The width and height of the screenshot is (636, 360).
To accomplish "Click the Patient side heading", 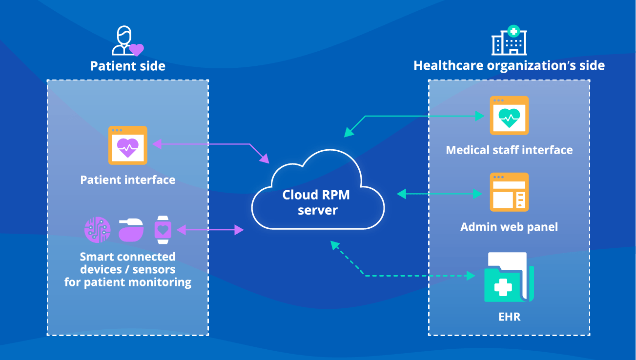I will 128,66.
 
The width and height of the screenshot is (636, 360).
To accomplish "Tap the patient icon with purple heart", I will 127,42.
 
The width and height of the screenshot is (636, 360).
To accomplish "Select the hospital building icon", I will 509,40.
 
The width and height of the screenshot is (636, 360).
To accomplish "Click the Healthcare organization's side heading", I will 509,65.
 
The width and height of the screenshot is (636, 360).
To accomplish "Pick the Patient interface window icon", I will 127,145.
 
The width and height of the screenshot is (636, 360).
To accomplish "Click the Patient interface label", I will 127,180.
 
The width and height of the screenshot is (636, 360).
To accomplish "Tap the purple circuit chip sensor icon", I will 97,229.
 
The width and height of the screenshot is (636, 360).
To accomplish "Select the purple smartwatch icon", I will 163,229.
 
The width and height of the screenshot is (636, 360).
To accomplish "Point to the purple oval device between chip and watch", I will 130,229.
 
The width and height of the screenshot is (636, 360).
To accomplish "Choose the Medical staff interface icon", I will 509,116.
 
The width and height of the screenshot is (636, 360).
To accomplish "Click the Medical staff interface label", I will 509,150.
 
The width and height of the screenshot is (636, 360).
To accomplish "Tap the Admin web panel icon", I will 509,192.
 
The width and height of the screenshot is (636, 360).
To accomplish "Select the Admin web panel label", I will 509,227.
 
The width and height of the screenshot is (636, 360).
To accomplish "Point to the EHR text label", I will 509,317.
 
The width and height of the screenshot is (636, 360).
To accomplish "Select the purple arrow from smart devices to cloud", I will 210,230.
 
